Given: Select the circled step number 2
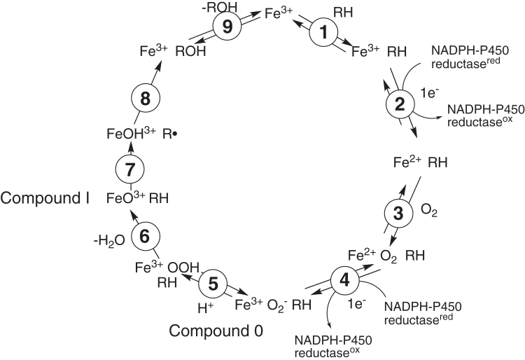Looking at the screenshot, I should (400, 106).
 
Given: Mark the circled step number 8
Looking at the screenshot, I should (144, 99).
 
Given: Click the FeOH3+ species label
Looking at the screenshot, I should (134, 133).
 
